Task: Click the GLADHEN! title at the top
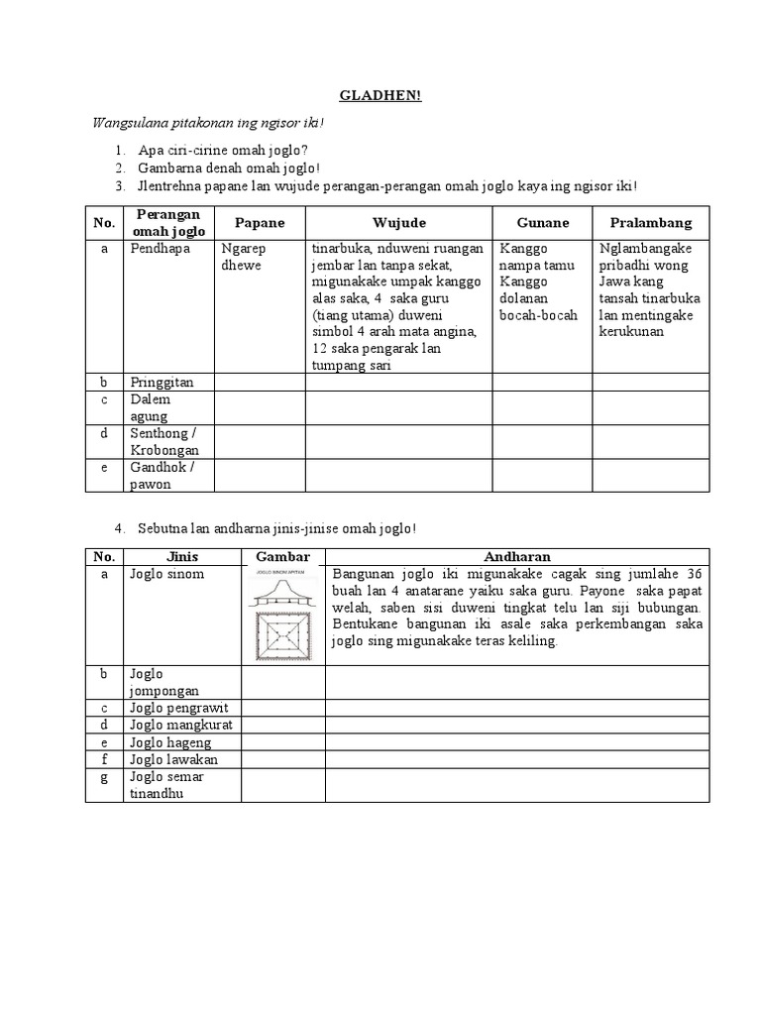tap(380, 95)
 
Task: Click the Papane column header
tap(259, 223)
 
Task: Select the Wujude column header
tap(398, 223)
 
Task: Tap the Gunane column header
tap(542, 223)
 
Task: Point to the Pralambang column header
tap(651, 223)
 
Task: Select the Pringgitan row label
tap(162, 382)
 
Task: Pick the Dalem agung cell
tap(151, 407)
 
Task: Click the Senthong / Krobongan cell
tap(164, 441)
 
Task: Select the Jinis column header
tap(183, 557)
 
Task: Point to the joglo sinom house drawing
tap(282, 615)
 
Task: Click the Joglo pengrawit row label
tap(178, 708)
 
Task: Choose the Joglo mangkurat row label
tap(180, 725)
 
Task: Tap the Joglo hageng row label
tap(171, 742)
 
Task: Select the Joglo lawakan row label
tap(173, 759)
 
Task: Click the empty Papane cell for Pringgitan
tap(259, 382)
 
